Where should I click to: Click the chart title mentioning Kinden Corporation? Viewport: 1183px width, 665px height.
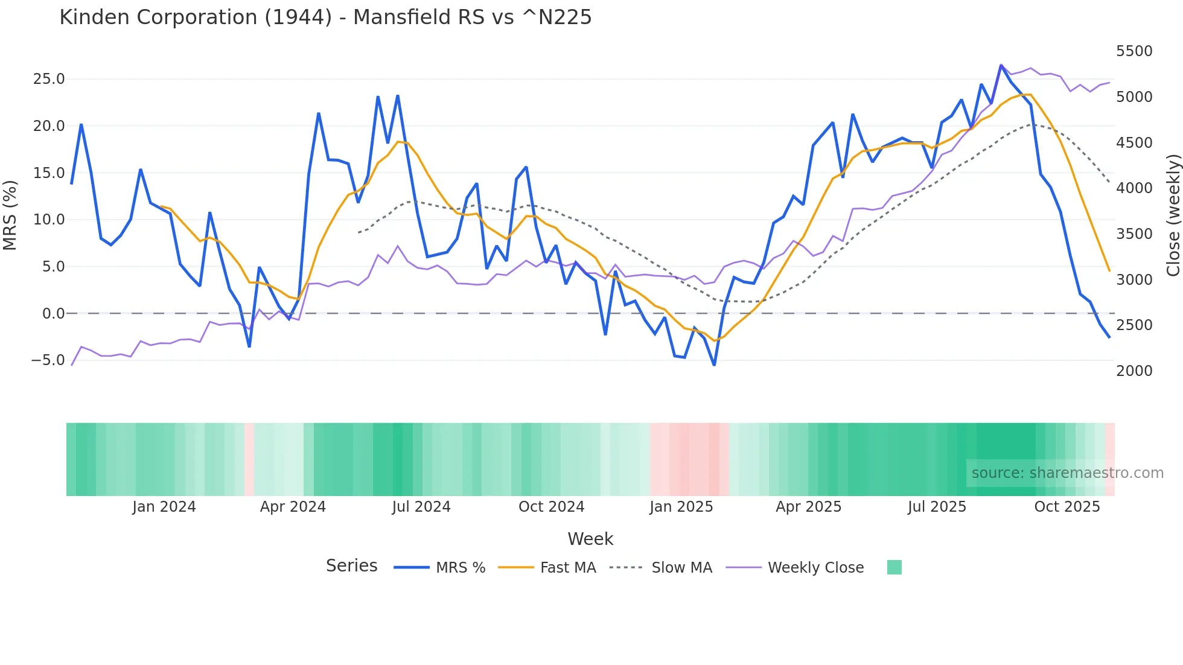tap(325, 17)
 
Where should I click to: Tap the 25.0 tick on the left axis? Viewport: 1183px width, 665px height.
tap(49, 79)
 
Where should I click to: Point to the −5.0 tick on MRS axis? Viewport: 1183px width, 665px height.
tap(48, 360)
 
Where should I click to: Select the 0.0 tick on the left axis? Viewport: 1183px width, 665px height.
tap(53, 313)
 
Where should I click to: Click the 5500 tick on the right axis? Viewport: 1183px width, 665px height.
tap(1134, 51)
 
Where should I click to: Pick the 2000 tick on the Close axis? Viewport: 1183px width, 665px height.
tap(1134, 371)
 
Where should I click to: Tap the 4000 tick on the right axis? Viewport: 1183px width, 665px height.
tap(1134, 188)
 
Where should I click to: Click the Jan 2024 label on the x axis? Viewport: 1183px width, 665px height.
tap(164, 506)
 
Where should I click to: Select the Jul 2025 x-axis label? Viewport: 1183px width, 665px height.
tap(937, 506)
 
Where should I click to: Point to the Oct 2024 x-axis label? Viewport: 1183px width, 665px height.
tap(551, 506)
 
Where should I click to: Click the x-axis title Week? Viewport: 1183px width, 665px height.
tap(590, 539)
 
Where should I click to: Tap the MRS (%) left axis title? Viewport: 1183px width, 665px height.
tap(10, 215)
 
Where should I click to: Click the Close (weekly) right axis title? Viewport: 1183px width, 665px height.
tap(1173, 215)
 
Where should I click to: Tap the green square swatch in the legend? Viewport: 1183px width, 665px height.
tap(894, 567)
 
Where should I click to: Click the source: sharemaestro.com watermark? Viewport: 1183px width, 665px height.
tap(1067, 473)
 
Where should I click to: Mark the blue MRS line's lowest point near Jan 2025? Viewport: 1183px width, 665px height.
tap(714, 365)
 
